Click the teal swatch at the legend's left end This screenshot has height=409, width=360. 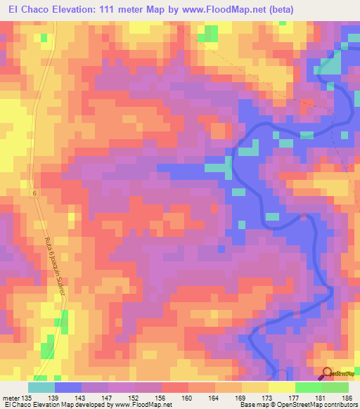pos(41,387)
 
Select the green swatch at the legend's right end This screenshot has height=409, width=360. pos(335,387)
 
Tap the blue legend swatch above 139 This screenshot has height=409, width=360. pos(68,387)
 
